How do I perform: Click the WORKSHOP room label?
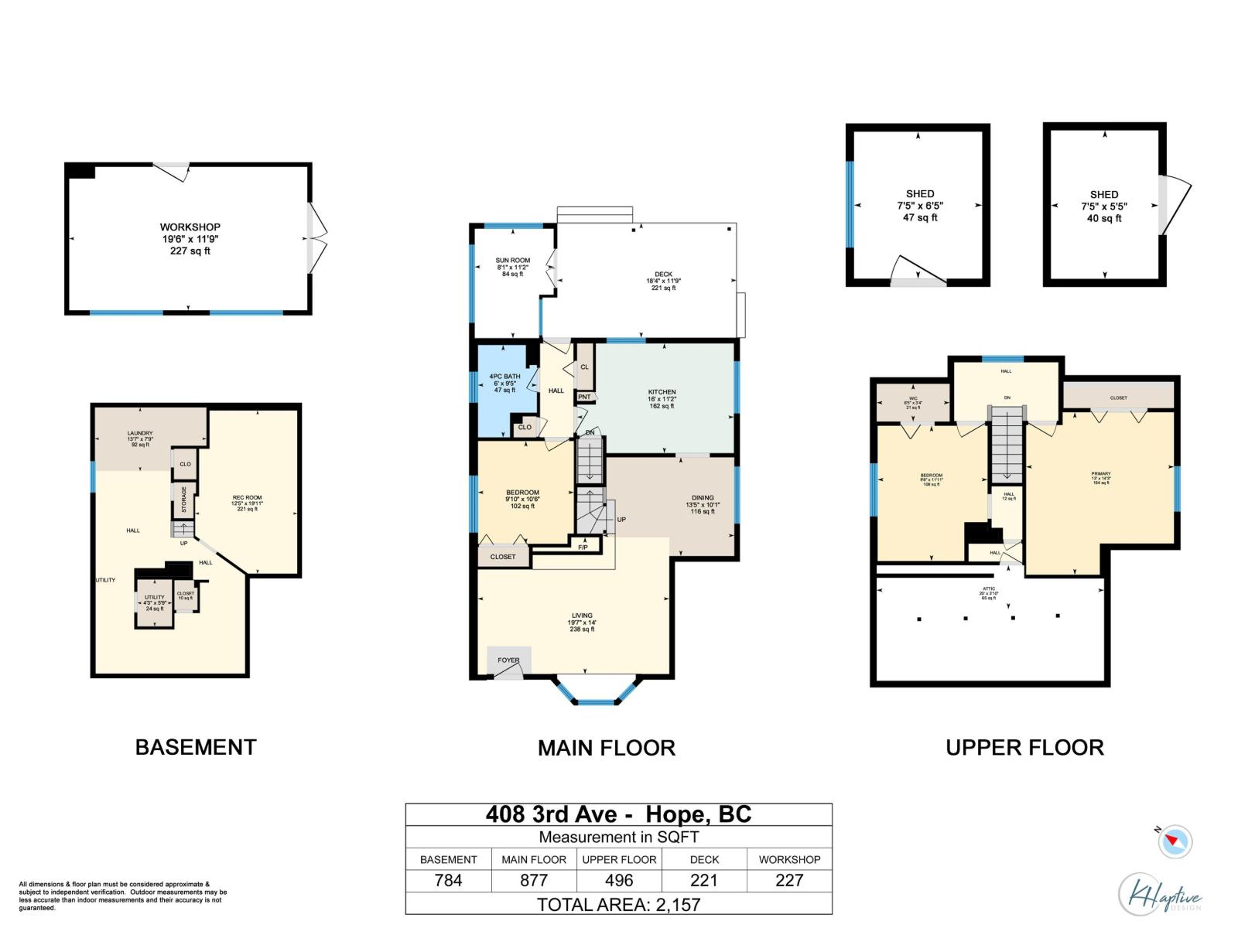190,227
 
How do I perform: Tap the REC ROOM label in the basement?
247,498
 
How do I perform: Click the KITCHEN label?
662,392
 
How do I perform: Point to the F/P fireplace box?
583,548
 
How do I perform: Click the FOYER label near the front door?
508,660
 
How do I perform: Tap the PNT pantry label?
584,397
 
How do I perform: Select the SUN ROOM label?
512,261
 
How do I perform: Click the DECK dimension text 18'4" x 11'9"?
663,281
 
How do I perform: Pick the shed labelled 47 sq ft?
919,206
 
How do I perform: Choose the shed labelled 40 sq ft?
1103,206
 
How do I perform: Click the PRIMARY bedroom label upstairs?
1100,474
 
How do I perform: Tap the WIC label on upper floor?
912,399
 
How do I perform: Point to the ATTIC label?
988,589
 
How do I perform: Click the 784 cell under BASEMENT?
448,880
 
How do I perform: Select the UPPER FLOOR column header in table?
619,859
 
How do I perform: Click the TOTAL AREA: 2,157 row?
618,904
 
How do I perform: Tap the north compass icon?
1175,841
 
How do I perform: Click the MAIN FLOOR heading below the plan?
606,748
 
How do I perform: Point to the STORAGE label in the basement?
184,500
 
